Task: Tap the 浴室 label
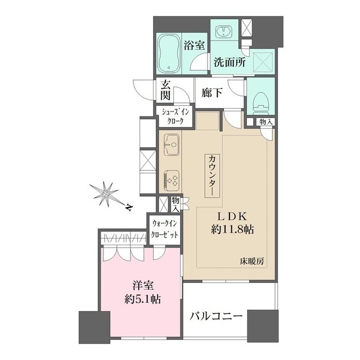[195, 46]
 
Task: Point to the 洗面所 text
[229, 63]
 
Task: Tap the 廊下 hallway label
[211, 92]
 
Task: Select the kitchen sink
[172, 147]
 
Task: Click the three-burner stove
[172, 179]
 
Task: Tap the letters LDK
[231, 217]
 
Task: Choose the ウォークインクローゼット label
[164, 229]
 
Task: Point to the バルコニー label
[215, 317]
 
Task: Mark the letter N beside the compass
[129, 208]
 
